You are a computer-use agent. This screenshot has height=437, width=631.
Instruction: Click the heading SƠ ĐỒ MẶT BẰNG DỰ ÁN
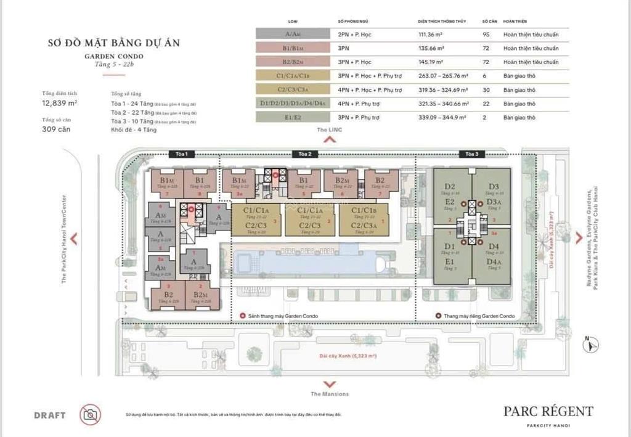coord(114,43)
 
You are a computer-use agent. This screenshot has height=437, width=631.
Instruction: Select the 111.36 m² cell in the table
coord(442,35)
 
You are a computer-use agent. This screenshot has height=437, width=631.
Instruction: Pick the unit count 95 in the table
coord(486,35)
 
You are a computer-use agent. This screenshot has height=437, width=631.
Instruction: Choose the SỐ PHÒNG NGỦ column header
coord(352,20)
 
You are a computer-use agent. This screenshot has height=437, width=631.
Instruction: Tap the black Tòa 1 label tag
coord(181,153)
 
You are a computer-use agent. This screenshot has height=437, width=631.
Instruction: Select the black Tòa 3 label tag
coord(471,153)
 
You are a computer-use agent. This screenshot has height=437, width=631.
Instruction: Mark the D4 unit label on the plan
coord(493,247)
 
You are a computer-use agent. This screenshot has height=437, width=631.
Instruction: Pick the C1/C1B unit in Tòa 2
coord(364,211)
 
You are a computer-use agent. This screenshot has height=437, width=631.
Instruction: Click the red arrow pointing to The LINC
coord(330,139)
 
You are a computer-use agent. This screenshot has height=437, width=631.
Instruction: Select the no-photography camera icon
coord(91,414)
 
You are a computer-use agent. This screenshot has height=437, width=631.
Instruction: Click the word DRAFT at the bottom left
coord(50,415)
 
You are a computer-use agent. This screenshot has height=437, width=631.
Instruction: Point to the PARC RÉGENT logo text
coord(548,411)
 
